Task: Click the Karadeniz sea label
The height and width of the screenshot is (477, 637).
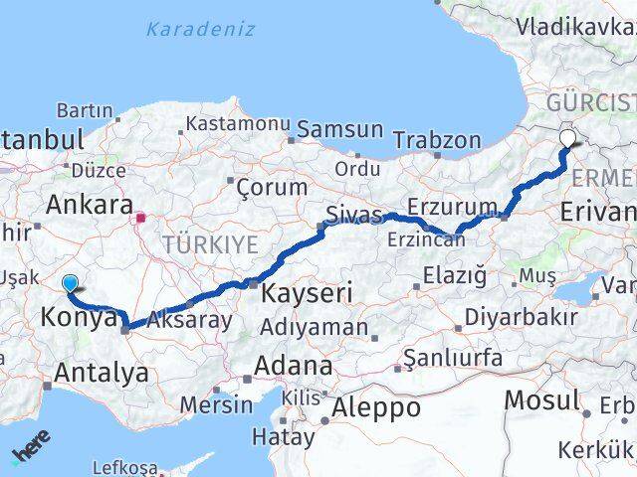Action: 200,29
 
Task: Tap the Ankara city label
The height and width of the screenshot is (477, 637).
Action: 90,206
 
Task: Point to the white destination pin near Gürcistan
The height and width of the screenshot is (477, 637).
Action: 568,139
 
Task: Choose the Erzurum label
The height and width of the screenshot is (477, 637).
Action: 459,207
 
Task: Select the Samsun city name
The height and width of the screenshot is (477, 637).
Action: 339,129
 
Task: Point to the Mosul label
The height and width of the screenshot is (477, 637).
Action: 542,400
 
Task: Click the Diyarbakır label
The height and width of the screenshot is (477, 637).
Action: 516,318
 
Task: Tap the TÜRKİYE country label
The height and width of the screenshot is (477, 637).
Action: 211,244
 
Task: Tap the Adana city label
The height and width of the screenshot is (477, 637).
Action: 293,366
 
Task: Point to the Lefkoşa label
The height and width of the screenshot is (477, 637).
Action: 124,466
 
